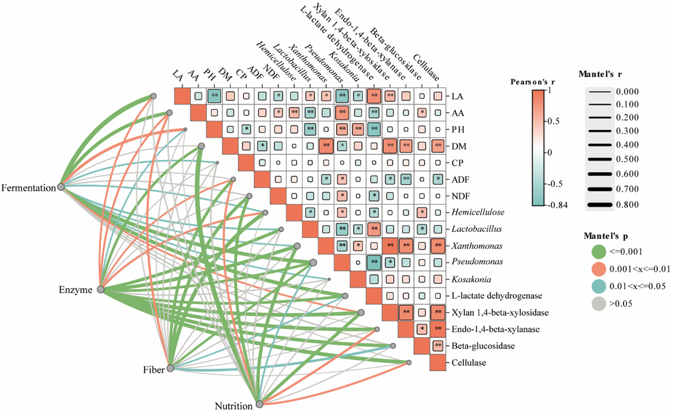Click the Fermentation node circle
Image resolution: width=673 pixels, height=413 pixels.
[61, 187]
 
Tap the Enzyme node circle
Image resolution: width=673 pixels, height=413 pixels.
[100, 289]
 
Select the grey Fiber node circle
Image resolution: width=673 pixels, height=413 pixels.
[170, 368]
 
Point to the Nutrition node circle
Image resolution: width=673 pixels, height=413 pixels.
[260, 404]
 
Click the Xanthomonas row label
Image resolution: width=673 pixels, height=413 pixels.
[477, 246]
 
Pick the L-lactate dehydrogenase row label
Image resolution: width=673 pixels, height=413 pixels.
[497, 296]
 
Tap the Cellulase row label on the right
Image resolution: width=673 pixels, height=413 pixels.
[469, 363]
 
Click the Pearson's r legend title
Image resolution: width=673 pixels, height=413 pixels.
[533, 82]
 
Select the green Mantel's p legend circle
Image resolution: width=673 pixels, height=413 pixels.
[599, 252]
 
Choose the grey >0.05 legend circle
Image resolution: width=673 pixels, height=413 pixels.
[599, 304]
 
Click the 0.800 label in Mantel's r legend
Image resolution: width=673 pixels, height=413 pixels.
[627, 205]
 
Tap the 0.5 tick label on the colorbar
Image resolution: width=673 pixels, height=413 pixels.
[553, 121]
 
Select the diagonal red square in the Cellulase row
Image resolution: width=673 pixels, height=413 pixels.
[438, 363]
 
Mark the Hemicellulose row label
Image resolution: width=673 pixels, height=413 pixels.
[478, 212]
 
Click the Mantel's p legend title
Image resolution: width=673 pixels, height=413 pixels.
[606, 236]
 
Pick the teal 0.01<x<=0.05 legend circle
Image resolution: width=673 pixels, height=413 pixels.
[599, 287]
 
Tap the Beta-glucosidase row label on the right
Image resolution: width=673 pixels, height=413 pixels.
[483, 346]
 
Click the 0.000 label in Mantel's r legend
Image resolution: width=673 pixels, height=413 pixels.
[627, 92]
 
